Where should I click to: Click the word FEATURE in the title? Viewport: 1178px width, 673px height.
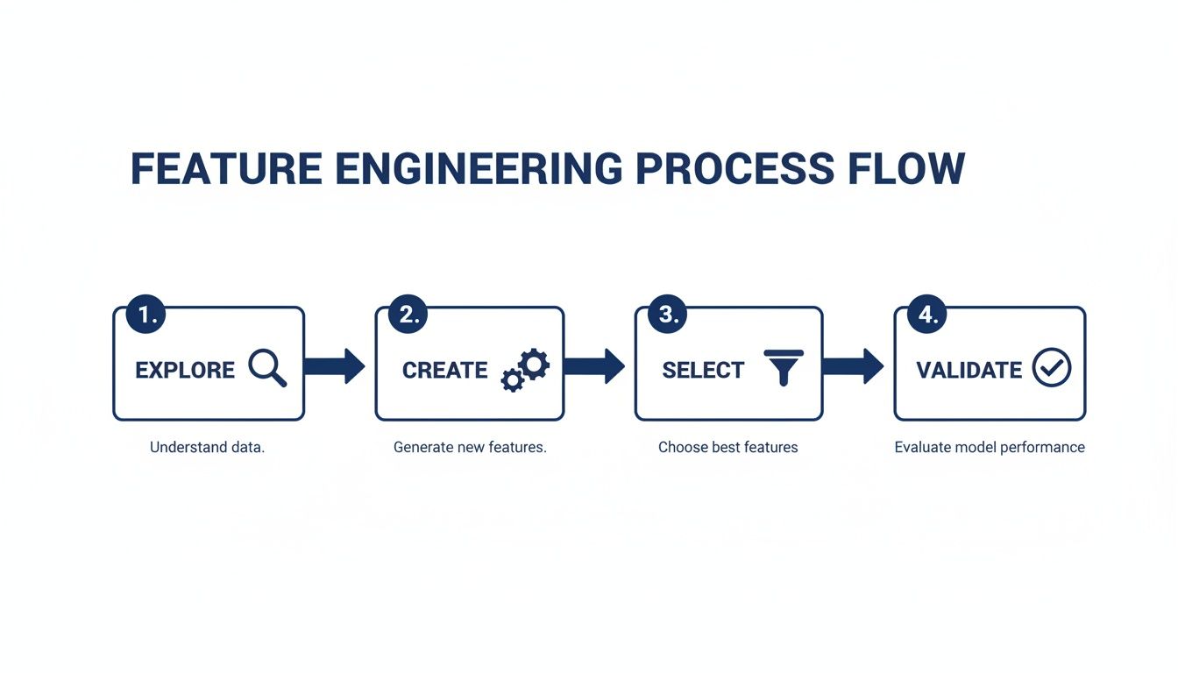click(x=226, y=168)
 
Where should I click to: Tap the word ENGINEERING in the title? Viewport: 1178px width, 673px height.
click(x=478, y=168)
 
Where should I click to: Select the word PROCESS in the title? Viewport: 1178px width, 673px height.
click(x=734, y=168)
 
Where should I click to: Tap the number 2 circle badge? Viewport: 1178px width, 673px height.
click(x=409, y=315)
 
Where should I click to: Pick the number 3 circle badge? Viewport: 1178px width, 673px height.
click(x=669, y=315)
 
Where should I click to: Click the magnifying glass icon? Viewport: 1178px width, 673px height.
click(x=267, y=368)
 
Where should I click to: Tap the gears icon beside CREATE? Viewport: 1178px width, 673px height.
click(x=525, y=370)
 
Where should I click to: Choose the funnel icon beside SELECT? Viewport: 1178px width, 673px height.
click(x=784, y=367)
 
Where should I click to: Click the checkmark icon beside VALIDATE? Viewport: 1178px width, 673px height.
click(x=1051, y=368)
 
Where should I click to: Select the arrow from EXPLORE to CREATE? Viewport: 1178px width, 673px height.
click(x=335, y=366)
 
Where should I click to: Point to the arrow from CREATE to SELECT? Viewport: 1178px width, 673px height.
click(x=594, y=366)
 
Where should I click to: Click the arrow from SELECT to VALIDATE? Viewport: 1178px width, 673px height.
click(x=854, y=366)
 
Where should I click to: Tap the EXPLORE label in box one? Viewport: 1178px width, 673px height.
click(x=185, y=370)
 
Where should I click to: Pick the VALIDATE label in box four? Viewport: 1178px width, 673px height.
click(x=969, y=371)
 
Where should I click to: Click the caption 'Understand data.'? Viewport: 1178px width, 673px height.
click(x=207, y=447)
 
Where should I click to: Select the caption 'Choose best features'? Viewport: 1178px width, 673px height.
click(x=728, y=447)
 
